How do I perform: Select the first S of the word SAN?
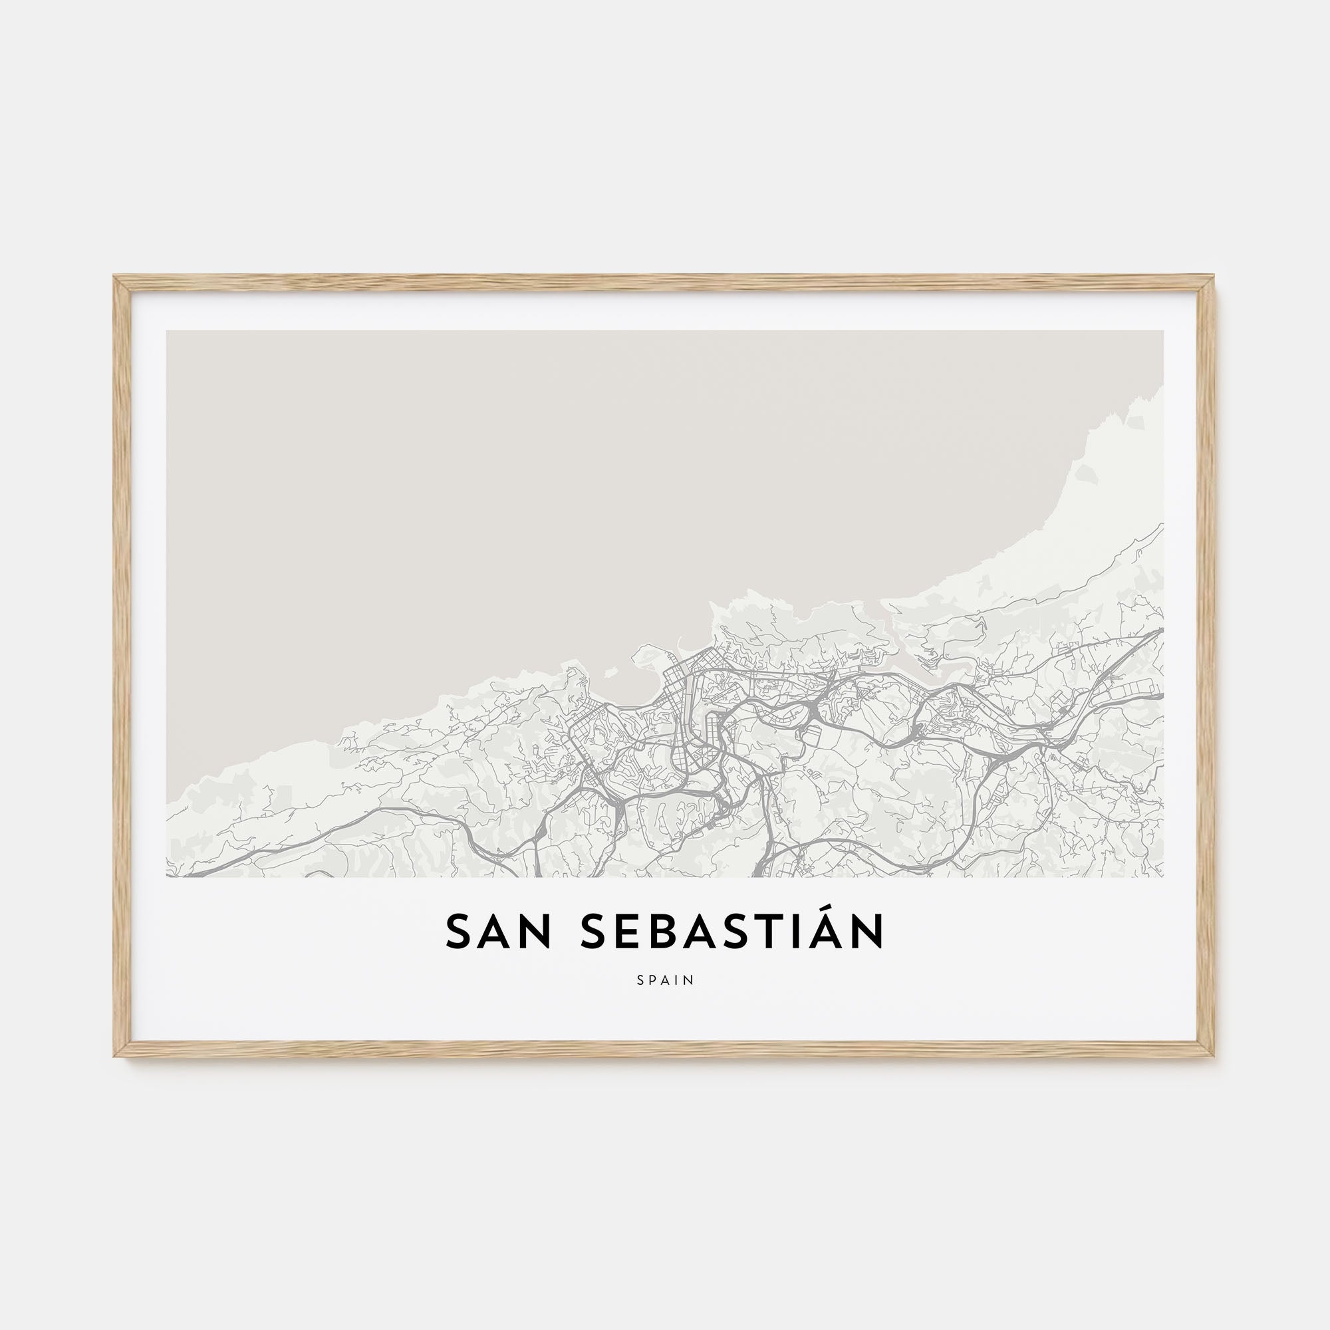[458, 932]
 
